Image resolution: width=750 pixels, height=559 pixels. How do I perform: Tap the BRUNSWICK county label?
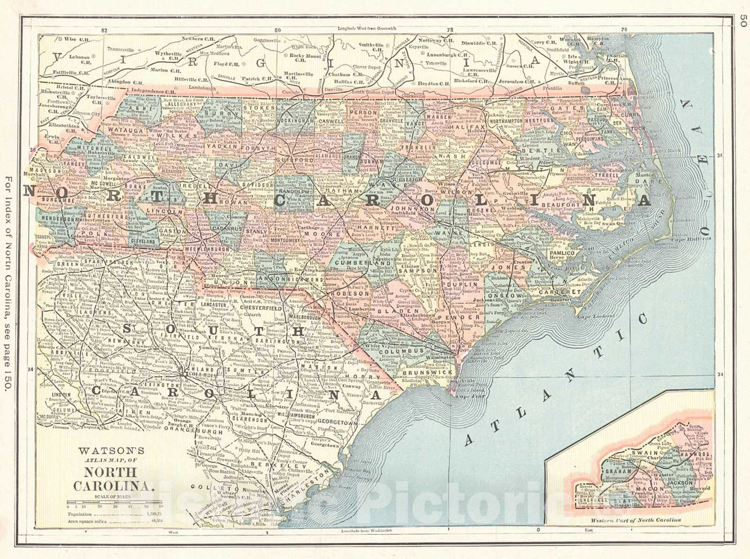tap(429, 373)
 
